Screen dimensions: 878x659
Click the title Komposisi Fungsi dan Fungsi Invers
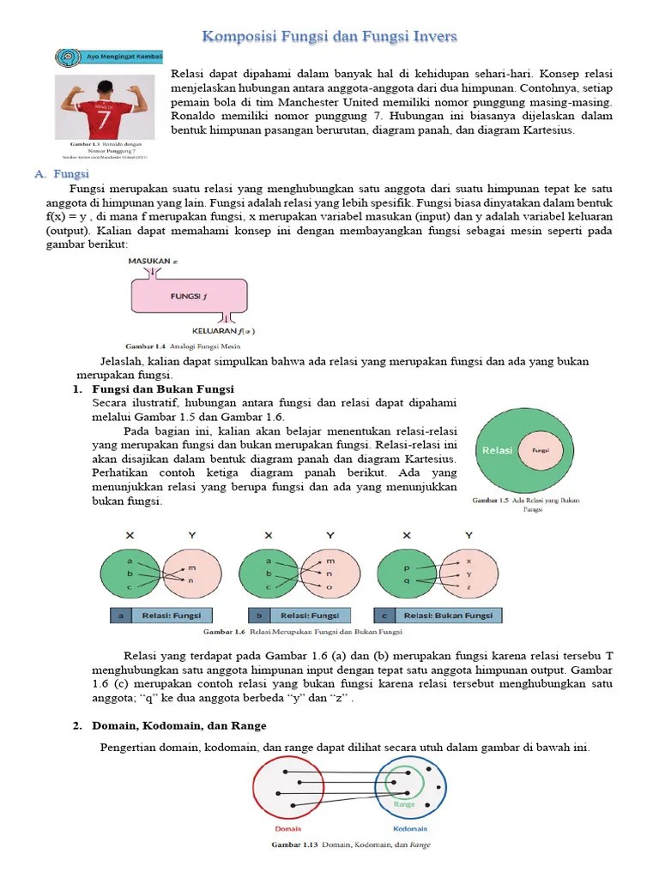point(329,36)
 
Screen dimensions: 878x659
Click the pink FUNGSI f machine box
point(190,297)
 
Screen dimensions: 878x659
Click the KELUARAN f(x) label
point(222,331)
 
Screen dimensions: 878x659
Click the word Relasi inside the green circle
point(498,449)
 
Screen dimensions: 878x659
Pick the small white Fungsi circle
point(541,449)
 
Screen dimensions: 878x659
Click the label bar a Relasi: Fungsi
point(160,615)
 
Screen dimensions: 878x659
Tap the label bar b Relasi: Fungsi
point(299,615)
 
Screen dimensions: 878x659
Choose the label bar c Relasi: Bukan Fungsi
point(438,615)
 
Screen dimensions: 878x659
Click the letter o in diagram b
point(329,586)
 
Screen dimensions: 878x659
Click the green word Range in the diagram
point(404,804)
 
